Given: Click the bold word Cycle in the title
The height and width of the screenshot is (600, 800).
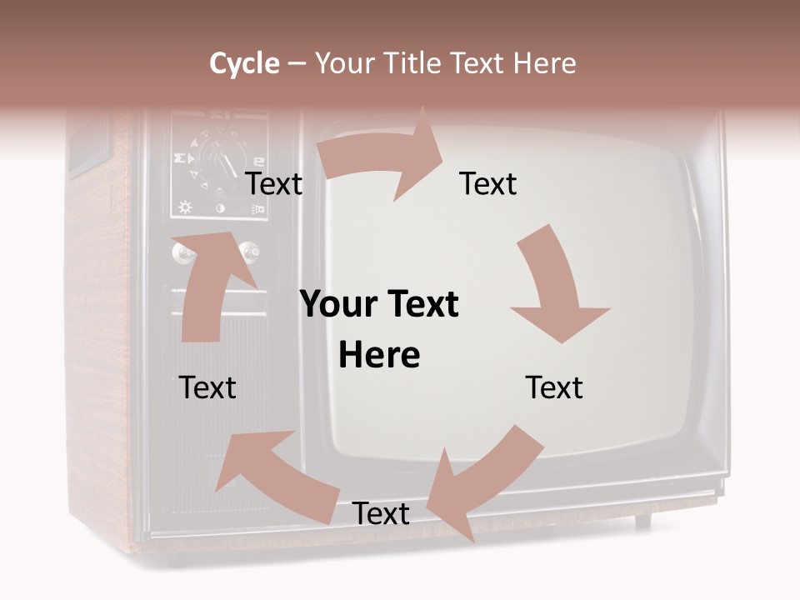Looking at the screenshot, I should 244,63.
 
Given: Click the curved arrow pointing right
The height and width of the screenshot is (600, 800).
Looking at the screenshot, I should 383,158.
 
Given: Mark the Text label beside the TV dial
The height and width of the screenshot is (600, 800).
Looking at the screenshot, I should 274,184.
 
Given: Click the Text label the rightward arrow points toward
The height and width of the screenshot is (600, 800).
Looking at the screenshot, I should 488,184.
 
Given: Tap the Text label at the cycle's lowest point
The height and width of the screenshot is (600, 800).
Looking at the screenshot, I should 381,514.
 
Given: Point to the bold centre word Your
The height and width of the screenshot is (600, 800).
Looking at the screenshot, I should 332,305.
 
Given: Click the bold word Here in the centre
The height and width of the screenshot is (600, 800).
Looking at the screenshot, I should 379,356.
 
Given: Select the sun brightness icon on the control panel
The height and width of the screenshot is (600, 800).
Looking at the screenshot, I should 184,207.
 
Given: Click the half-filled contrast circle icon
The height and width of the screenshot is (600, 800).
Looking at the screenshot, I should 220,207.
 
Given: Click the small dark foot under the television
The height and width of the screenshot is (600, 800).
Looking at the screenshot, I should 642,522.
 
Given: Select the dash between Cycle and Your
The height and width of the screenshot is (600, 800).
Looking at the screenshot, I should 296,63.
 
